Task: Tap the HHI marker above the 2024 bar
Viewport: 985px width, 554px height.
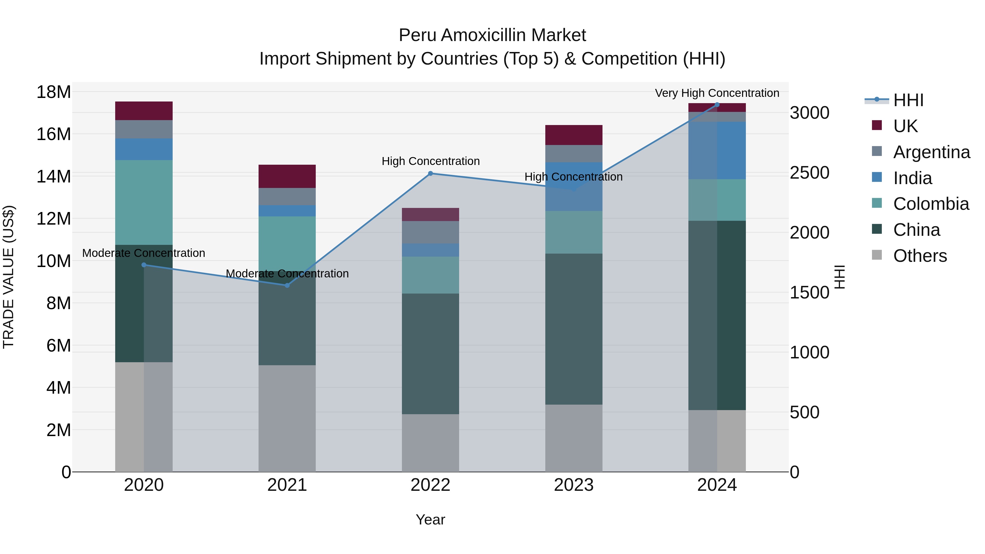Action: pos(717,105)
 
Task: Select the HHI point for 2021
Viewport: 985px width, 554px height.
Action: pos(287,285)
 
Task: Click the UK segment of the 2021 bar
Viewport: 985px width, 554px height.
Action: pos(287,176)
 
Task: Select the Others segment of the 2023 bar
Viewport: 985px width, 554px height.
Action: pos(573,438)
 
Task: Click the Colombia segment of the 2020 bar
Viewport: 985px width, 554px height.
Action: pos(144,202)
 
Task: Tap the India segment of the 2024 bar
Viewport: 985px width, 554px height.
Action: pos(717,150)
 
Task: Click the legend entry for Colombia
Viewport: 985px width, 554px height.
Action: pos(931,204)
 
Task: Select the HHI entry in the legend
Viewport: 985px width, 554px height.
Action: pos(908,100)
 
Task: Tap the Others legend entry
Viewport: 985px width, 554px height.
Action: pos(920,256)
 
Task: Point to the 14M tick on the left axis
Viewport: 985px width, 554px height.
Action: pos(54,177)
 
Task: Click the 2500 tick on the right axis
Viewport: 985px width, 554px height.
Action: pos(810,173)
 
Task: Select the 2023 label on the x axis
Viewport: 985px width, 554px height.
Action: pos(573,485)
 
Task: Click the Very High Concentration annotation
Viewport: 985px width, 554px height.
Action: pos(717,93)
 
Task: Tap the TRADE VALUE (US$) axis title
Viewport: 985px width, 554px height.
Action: pos(8,277)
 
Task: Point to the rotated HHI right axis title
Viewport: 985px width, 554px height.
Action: pos(839,277)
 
